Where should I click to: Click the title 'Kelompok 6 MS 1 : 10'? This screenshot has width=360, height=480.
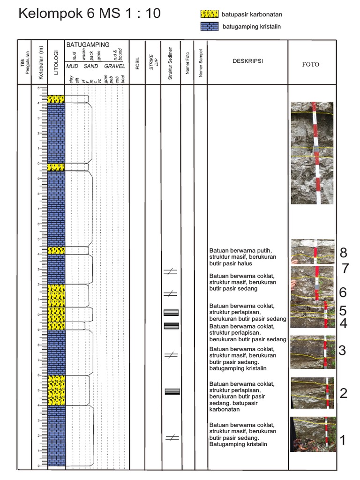coord(89,14)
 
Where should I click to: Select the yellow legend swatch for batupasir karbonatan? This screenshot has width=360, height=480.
coord(210,14)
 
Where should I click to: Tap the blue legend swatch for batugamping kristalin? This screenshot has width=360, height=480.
coord(210,27)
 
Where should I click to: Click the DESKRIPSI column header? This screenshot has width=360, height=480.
coord(247,61)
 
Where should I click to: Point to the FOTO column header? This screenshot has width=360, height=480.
coord(311,64)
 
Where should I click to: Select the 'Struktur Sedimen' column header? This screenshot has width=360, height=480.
coord(171,62)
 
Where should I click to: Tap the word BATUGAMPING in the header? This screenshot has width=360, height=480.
coord(88,45)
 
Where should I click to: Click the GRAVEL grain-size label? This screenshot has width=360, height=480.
coord(114,67)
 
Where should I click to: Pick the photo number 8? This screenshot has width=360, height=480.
coord(344,253)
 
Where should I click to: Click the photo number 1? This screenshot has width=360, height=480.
coord(343,440)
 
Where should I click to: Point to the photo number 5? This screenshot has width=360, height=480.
coord(343,310)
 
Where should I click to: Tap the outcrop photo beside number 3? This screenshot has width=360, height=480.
coord(312,352)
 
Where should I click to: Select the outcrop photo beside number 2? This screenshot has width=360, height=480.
coord(312,393)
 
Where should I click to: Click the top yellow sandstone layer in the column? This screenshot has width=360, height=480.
coord(56,99)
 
